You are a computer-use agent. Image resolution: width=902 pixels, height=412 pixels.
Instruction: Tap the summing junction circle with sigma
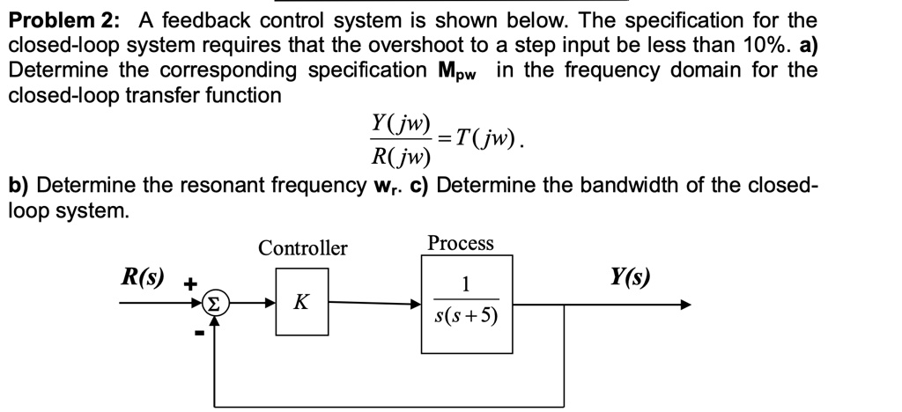[212, 305]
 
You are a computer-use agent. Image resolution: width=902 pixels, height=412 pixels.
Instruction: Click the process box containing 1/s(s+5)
[466, 304]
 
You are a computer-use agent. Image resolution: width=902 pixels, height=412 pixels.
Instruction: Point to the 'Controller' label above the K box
[302, 248]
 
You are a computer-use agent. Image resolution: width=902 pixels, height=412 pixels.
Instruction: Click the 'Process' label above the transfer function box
[461, 243]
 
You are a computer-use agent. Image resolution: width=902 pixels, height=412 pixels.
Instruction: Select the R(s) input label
[142, 277]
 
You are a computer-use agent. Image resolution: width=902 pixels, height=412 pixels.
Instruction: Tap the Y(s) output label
[630, 277]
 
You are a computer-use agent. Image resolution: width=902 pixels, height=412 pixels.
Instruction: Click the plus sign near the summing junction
[188, 283]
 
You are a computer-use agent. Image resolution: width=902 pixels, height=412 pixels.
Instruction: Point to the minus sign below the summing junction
[199, 334]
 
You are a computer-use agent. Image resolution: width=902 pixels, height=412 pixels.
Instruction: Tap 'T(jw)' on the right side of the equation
[485, 138]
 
